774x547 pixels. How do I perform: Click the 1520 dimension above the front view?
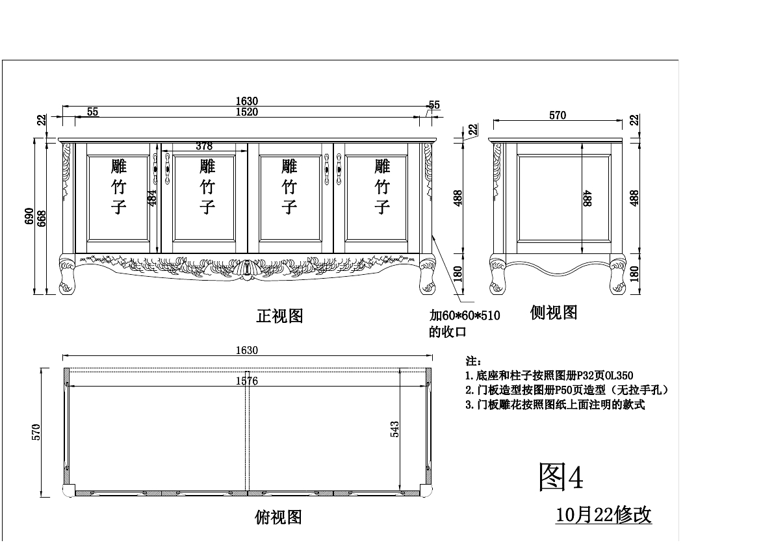point(247,112)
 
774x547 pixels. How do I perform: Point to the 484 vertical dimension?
point(152,197)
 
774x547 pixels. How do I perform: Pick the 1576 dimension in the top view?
point(247,381)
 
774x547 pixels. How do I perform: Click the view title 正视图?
point(279,316)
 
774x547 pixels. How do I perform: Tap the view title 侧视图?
point(554,312)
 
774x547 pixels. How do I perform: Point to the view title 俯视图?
point(278,517)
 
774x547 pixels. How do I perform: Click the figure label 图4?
point(561,477)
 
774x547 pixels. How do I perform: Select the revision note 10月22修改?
point(604,515)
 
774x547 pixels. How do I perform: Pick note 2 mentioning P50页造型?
point(567,390)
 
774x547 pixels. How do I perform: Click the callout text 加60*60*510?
point(464,316)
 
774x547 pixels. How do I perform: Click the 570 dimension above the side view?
point(558,116)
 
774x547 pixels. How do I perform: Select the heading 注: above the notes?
point(473,361)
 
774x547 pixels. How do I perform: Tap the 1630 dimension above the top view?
point(247,351)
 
